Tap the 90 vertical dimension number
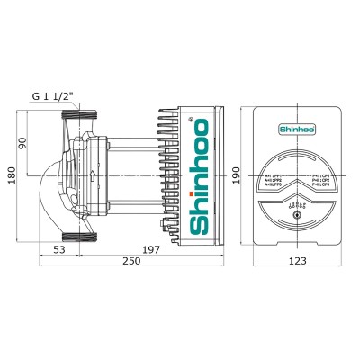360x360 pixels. pos(25,142)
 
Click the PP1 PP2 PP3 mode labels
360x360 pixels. pos(272,181)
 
